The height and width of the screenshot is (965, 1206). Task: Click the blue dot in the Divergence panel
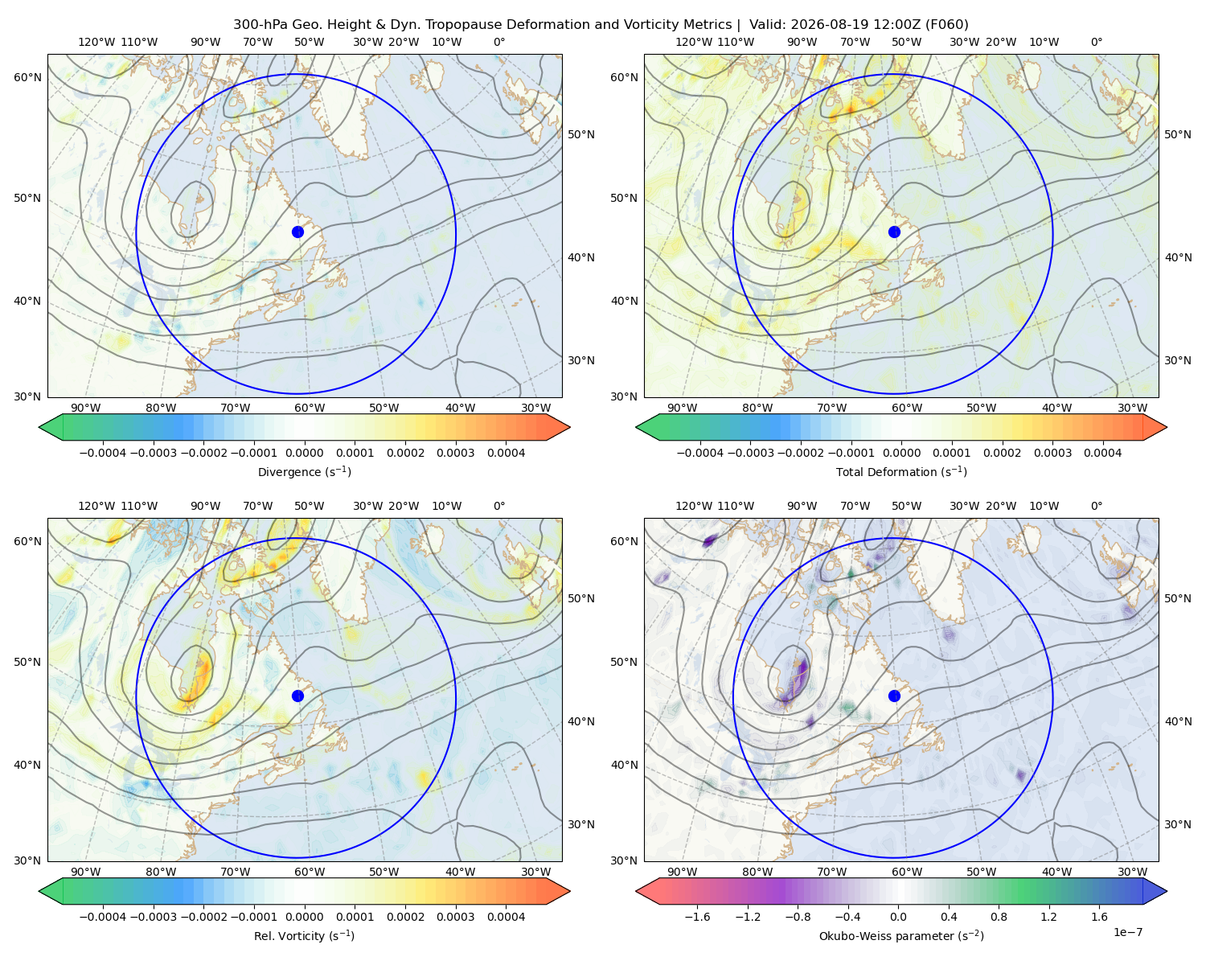click(297, 232)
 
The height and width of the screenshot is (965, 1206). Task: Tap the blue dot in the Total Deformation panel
click(894, 232)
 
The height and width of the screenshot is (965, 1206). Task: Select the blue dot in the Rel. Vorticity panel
click(297, 696)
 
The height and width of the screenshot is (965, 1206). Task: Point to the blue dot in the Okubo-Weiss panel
click(894, 696)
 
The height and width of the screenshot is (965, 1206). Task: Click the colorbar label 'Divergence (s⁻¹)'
click(304, 472)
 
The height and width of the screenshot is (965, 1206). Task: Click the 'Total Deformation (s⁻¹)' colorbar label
click(901, 472)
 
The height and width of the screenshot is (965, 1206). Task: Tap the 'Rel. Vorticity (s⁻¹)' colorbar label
click(304, 936)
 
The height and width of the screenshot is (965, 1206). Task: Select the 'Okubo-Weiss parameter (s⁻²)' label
click(901, 936)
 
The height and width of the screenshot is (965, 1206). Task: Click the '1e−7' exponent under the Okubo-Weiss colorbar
click(1127, 932)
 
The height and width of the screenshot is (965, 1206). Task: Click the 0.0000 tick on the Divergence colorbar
click(304, 453)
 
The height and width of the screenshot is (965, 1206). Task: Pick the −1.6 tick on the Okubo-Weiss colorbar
click(697, 917)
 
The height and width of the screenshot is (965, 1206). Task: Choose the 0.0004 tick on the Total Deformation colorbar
click(1102, 453)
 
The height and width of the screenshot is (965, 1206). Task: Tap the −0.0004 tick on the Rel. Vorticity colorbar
click(103, 917)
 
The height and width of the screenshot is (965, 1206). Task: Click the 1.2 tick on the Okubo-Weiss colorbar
click(1048, 917)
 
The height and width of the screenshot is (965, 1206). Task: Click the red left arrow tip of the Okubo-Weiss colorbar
click(637, 891)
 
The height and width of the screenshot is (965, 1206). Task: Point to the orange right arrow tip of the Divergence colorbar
click(569, 427)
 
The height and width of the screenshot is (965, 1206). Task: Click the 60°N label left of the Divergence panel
click(27, 77)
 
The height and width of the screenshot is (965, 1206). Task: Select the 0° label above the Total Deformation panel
click(1096, 42)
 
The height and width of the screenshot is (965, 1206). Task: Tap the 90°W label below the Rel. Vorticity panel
click(86, 872)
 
